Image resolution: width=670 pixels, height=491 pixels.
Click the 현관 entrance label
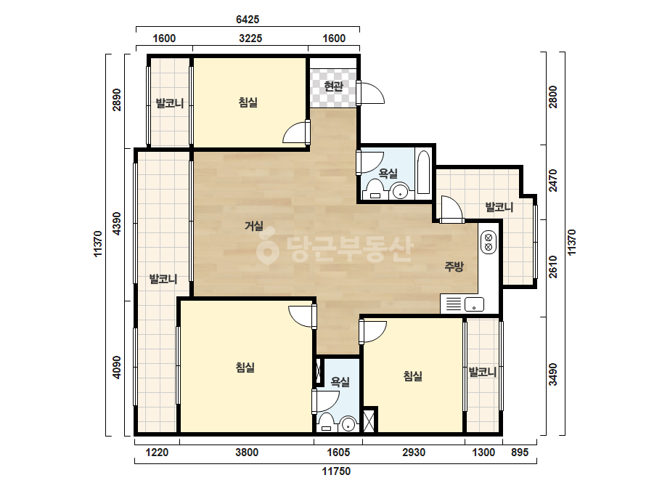tap(333, 86)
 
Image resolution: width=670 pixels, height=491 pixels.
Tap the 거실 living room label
tap(254, 225)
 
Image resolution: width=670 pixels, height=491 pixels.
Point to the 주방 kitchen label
tap(454, 267)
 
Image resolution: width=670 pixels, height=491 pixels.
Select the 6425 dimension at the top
tap(248, 19)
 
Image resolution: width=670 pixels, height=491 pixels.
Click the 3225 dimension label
tap(250, 38)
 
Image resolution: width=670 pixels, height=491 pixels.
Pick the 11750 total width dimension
tap(336, 471)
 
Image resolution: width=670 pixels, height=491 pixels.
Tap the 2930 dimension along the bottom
tap(414, 452)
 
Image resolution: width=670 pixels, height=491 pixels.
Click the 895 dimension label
tap(520, 452)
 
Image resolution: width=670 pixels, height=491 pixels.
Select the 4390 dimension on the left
tap(117, 223)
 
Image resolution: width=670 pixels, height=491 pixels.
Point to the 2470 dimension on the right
tap(553, 180)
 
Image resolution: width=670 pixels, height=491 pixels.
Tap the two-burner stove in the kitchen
tap(488, 242)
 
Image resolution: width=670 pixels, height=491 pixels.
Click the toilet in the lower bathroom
tap(327, 423)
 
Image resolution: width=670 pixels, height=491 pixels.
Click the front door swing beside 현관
tap(372, 93)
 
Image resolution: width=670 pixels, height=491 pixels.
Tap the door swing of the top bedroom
tap(295, 132)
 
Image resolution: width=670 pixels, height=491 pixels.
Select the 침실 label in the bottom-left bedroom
tap(245, 367)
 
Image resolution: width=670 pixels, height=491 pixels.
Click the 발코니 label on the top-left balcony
tap(170, 103)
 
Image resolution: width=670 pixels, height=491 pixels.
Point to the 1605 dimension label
tap(338, 452)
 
